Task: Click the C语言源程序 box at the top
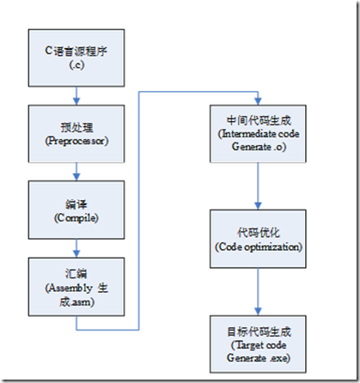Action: (76, 58)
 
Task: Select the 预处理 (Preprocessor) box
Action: (76, 134)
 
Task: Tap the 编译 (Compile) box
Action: (76, 210)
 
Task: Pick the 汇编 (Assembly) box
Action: (76, 287)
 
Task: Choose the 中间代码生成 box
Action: (258, 134)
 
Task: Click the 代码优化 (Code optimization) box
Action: (258, 239)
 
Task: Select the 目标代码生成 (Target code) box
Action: (258, 344)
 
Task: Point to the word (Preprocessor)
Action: (76, 141)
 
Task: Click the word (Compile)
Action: (76, 218)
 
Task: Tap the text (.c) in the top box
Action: (76, 65)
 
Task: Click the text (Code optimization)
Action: (259, 246)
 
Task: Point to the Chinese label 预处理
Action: (76, 127)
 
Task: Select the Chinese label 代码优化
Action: (259, 233)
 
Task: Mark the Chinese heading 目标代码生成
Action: (259, 332)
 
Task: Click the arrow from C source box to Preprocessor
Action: (76, 96)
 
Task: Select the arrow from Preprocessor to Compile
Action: (76, 172)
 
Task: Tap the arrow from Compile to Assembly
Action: (76, 248)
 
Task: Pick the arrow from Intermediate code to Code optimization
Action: (258, 186)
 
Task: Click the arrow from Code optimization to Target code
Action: (258, 292)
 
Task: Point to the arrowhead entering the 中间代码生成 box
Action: (258, 101)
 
